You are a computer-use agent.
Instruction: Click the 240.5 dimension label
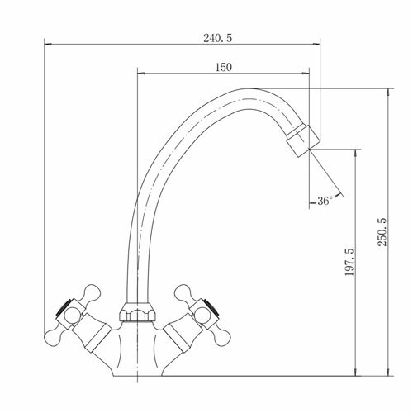coord(218,38)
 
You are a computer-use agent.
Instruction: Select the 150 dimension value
coord(224,67)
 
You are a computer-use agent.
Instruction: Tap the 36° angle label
coord(325,201)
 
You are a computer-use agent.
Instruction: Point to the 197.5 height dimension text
coord(349,262)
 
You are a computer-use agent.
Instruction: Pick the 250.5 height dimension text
coord(382,232)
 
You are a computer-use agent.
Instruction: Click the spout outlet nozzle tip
coord(303,140)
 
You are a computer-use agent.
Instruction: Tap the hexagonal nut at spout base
coord(137,312)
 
